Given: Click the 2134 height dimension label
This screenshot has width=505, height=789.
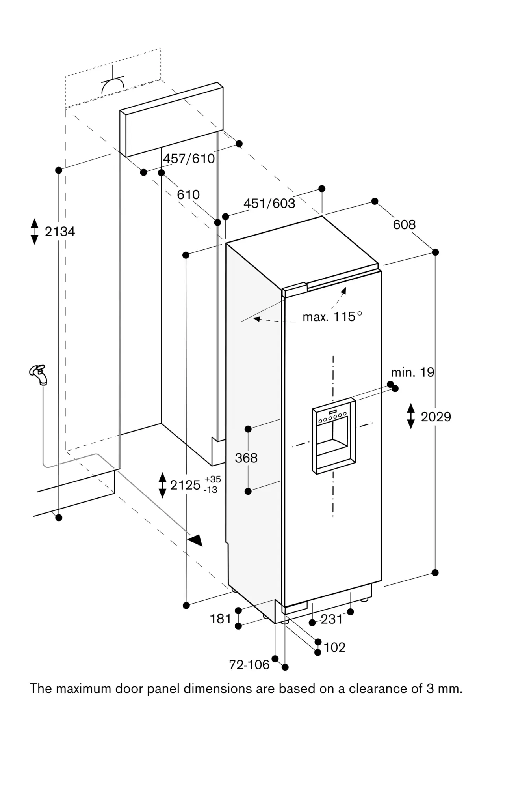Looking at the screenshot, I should [59, 232].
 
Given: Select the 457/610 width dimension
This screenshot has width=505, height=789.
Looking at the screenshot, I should [189, 159].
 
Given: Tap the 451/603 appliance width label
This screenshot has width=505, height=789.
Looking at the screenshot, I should [269, 204].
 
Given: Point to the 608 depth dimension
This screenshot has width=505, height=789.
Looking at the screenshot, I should [404, 224].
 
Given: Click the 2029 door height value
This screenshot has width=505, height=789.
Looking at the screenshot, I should [436, 417].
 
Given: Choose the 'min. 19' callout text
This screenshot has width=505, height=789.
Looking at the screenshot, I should [412, 372].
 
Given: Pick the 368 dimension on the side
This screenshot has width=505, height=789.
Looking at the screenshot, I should [246, 458].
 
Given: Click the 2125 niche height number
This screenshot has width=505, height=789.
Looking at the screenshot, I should [185, 485].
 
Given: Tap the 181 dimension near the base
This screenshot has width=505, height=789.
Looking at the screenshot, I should [220, 619].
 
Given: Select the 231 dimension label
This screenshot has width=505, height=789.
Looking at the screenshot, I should [332, 619].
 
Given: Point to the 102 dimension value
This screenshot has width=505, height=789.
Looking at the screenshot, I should [334, 647].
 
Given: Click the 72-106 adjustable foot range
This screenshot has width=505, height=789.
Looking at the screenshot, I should [249, 665].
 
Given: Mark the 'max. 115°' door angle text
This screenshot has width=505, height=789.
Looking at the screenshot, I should [332, 317].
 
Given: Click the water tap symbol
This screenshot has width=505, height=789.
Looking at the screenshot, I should [39, 374].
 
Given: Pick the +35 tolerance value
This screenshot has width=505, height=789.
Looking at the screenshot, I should [213, 479].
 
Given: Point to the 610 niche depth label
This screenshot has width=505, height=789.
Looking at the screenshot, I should [188, 194].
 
